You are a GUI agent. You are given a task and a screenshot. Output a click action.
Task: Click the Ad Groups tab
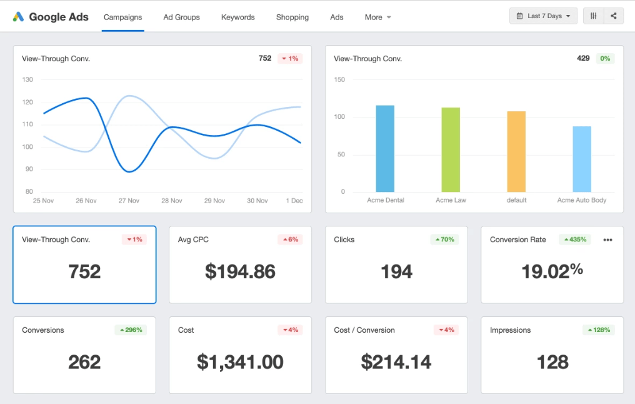[181, 17]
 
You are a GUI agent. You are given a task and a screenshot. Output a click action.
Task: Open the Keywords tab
[237, 17]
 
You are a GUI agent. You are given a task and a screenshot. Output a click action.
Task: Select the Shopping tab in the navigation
[292, 17]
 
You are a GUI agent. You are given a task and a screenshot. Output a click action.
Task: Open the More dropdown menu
[377, 17]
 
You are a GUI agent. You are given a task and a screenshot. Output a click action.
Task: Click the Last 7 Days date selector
[543, 16]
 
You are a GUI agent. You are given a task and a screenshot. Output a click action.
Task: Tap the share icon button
[614, 16]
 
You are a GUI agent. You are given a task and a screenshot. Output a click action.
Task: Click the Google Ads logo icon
[18, 17]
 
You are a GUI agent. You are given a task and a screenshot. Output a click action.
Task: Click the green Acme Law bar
[451, 150]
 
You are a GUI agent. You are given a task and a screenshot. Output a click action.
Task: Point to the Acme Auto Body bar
[582, 159]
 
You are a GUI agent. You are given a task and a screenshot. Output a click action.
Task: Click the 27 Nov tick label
[129, 201]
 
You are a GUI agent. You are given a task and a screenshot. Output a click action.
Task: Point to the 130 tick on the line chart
[27, 79]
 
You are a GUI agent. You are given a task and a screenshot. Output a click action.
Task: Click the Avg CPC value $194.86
[240, 271]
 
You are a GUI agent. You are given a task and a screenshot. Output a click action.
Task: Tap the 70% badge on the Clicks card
[444, 240]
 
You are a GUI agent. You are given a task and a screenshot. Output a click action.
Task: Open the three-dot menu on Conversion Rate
[607, 240]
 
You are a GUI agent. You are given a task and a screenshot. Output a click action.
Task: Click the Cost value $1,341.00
[240, 362]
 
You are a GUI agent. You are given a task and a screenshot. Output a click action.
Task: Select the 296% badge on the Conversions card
[130, 330]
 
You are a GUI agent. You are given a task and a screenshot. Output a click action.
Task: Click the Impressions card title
[510, 330]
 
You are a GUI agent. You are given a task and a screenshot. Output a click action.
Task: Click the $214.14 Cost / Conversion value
[396, 362]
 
